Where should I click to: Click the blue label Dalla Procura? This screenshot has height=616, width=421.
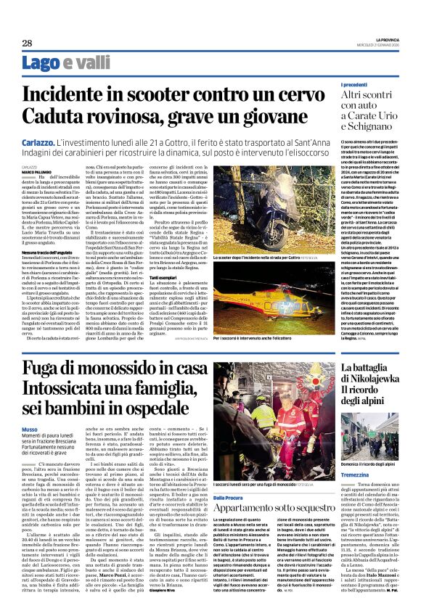pos(230,477)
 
